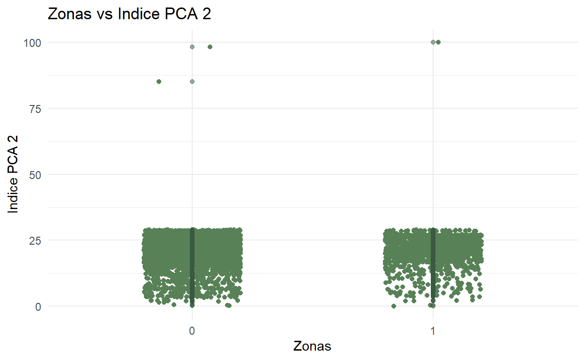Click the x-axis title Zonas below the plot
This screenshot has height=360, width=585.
(x=312, y=346)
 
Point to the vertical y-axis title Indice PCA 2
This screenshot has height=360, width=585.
(x=14, y=174)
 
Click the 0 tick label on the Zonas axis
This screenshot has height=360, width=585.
(x=192, y=330)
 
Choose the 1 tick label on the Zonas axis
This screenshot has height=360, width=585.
(x=433, y=330)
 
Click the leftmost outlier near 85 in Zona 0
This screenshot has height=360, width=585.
(x=159, y=82)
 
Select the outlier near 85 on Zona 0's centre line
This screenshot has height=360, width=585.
(x=192, y=82)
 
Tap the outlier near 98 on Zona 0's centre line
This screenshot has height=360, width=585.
(x=192, y=47)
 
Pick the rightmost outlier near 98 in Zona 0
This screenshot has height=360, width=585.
(x=210, y=47)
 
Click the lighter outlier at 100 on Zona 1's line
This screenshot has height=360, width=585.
(x=433, y=42)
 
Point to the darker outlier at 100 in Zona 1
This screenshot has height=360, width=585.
(x=438, y=42)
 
